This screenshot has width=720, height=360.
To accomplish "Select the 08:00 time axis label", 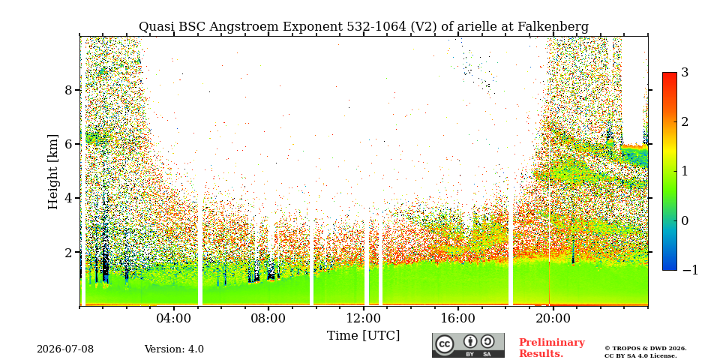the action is point(268,318).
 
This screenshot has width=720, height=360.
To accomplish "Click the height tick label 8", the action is point(68,90).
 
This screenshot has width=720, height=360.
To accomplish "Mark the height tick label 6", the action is point(68,144).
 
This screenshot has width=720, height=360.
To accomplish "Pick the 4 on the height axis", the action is point(68,198).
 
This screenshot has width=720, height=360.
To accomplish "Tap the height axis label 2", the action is point(68,253).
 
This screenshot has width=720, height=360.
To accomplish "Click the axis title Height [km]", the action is point(53,172).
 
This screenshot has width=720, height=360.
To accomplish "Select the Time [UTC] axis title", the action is point(363,336).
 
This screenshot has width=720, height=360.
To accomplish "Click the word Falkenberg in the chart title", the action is point(553,27).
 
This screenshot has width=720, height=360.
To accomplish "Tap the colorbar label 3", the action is point(685,73).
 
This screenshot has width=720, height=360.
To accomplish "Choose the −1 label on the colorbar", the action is point(690,270).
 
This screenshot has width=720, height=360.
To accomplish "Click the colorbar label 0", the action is point(685,220).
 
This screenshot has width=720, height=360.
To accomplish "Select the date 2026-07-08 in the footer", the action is point(65,349).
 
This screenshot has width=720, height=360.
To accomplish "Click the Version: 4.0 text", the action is point(174,349).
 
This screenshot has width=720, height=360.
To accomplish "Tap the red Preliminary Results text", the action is point(552,348).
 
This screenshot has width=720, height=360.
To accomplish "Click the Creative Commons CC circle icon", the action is point(445,345).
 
